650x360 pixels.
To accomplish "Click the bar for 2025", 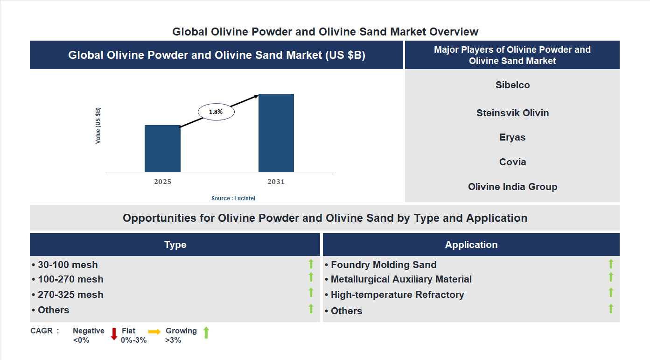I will pyautogui.click(x=162, y=148).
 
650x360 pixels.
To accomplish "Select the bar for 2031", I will pyautogui.click(x=276, y=133).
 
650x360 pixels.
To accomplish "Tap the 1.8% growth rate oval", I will pyautogui.click(x=216, y=112).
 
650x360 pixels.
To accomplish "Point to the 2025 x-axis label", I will pyautogui.click(x=162, y=182).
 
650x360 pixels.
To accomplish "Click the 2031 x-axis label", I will pyautogui.click(x=276, y=182).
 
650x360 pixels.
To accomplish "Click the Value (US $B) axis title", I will pyautogui.click(x=98, y=126).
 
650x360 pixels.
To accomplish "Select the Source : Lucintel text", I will pyautogui.click(x=233, y=198).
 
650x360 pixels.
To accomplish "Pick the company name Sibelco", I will pyautogui.click(x=512, y=85).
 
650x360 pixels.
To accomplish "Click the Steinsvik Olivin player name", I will pyautogui.click(x=512, y=113).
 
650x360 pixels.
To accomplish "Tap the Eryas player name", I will pyautogui.click(x=512, y=137).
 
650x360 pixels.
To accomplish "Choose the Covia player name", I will pyautogui.click(x=512, y=162).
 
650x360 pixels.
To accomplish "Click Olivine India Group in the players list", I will pyautogui.click(x=512, y=187).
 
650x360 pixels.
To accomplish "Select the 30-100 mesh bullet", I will pyautogui.click(x=65, y=265).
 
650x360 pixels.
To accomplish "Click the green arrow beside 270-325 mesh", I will pyautogui.click(x=311, y=292).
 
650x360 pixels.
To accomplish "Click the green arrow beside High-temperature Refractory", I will pyautogui.click(x=611, y=292).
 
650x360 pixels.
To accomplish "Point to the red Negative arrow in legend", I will pyautogui.click(x=114, y=334).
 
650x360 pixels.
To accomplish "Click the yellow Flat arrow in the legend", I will pyautogui.click(x=154, y=331).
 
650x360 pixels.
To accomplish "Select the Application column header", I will pyautogui.click(x=471, y=245).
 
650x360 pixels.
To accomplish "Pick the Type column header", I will pyautogui.click(x=175, y=245).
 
